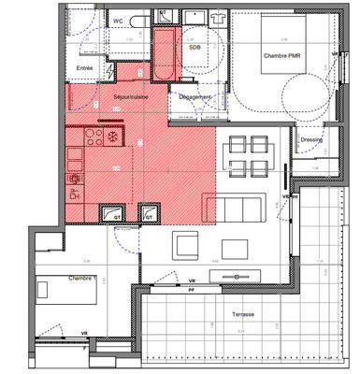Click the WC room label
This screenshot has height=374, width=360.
(x=119, y=20)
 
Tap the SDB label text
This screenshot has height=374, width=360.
(x=194, y=46)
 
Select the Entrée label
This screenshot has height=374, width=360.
(x=85, y=68)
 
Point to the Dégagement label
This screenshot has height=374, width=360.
(x=195, y=97)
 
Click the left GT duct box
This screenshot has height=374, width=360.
(x=117, y=215)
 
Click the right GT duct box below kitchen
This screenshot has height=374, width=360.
(x=147, y=215)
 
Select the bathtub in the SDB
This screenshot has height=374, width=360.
(x=166, y=54)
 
